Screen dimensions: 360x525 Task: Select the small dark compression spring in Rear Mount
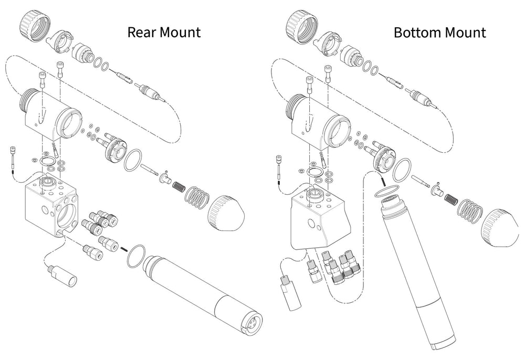pyautogui.click(x=178, y=185)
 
